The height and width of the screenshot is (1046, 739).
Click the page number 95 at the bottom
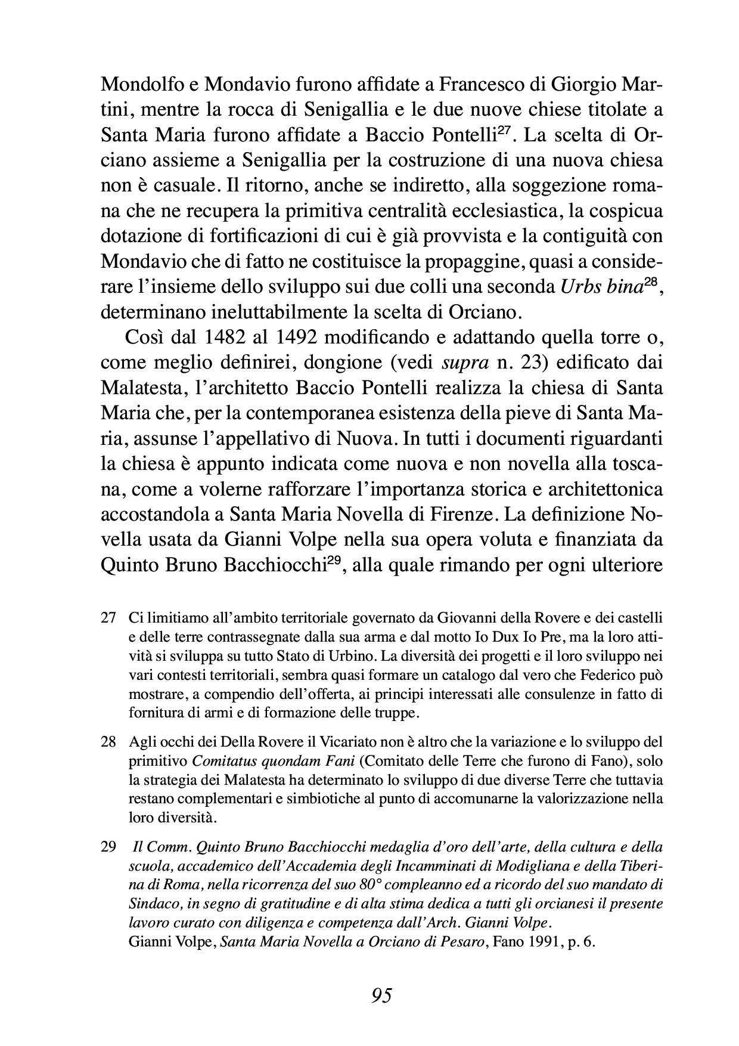point(381,995)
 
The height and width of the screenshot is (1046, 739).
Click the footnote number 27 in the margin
point(108,617)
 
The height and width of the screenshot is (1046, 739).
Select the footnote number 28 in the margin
point(108,742)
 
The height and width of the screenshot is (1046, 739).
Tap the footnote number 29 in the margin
point(108,847)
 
